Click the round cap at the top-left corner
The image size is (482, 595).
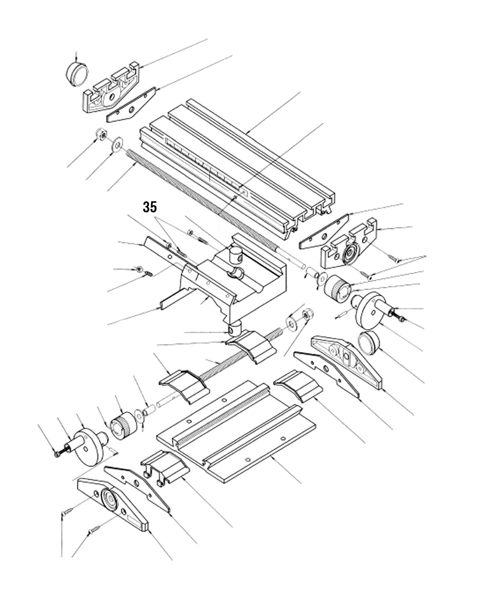coord(77,74)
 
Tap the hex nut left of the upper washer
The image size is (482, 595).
coord(101,135)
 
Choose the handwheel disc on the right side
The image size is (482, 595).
coord(371,309)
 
